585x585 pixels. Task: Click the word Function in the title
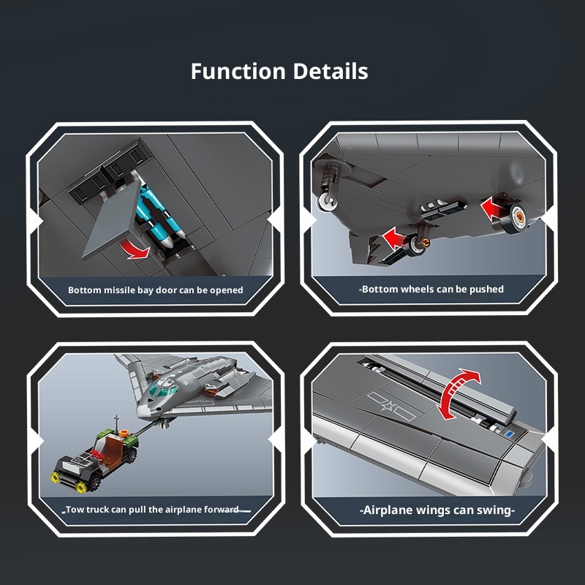(x=238, y=71)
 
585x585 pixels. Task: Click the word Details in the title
(x=331, y=71)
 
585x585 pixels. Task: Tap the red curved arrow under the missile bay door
(x=135, y=249)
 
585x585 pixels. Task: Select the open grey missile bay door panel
(x=112, y=219)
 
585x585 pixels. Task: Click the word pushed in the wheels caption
(x=486, y=289)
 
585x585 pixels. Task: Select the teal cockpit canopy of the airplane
(x=163, y=389)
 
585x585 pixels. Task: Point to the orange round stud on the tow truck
(x=124, y=433)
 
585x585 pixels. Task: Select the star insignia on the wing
(x=390, y=406)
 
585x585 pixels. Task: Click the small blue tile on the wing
(x=509, y=434)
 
